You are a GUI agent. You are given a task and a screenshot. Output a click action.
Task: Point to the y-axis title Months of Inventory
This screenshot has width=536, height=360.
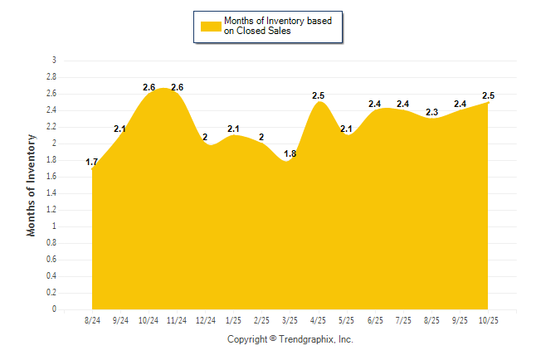pyautogui.click(x=32, y=184)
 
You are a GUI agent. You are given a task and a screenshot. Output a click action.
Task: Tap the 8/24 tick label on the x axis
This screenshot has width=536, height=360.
pyautogui.click(x=92, y=319)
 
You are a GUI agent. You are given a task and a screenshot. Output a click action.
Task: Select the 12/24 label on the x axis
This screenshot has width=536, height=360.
pyautogui.click(x=205, y=319)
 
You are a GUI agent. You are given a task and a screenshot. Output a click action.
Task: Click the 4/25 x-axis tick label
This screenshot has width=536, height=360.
pyautogui.click(x=318, y=319)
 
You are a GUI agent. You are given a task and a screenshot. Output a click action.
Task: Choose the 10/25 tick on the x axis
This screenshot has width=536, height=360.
pyautogui.click(x=487, y=319)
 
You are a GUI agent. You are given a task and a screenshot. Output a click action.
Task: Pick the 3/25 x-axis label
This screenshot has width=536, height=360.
pyautogui.click(x=290, y=319)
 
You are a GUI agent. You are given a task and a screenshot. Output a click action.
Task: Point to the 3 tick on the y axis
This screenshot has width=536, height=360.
pyautogui.click(x=54, y=61)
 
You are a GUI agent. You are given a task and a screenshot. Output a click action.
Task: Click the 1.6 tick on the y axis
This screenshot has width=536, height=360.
pyautogui.click(x=51, y=177)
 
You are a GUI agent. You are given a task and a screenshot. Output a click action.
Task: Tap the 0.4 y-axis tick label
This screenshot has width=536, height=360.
pyautogui.click(x=51, y=276)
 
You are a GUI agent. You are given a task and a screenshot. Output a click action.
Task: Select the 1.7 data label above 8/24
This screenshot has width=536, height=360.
pyautogui.click(x=92, y=162)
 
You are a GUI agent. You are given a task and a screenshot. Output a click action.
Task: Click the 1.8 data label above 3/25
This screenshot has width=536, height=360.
pyautogui.click(x=290, y=153)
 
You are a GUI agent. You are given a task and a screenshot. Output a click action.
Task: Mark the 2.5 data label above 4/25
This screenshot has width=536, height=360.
pyautogui.click(x=318, y=95)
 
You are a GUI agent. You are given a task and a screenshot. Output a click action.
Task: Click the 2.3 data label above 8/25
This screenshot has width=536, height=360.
pyautogui.click(x=431, y=112)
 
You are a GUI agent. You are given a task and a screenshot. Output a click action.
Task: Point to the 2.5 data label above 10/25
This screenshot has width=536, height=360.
pyautogui.click(x=488, y=95)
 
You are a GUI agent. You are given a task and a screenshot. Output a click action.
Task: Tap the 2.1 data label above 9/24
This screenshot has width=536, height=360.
pyautogui.click(x=119, y=129)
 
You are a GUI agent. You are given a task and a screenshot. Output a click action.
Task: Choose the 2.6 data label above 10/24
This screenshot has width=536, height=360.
pyautogui.click(x=149, y=87)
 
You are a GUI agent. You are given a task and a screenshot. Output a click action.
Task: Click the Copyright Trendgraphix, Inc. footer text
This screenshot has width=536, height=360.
pyautogui.click(x=290, y=339)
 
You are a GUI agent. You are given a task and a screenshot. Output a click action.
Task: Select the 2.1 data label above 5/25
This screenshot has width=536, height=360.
pyautogui.click(x=346, y=129)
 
